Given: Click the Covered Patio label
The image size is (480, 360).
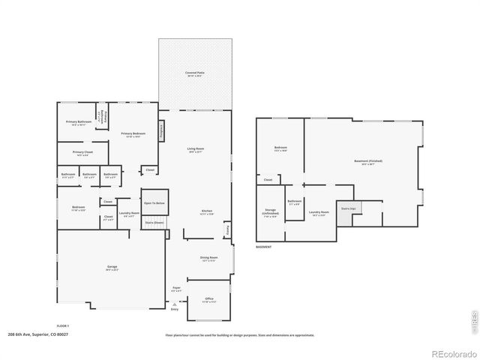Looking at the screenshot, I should (195, 73).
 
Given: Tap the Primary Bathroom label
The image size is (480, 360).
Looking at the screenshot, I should (79, 122).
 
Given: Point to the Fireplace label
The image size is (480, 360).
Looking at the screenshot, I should (160, 130).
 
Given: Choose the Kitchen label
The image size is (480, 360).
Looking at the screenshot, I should (207, 212).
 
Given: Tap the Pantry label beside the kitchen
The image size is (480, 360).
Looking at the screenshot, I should (229, 227).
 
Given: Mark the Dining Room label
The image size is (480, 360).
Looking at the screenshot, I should (208, 259).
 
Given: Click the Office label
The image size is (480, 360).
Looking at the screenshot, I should (208, 299).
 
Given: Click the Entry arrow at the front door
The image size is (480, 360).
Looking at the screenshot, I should (175, 304).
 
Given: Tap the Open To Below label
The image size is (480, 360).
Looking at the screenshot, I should (154, 203).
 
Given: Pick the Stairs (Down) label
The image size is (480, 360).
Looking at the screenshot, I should (154, 223).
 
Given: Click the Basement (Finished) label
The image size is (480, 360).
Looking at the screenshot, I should (367, 161).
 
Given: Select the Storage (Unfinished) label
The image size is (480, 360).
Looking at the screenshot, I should (271, 212).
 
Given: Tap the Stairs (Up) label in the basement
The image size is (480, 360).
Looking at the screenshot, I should (347, 208).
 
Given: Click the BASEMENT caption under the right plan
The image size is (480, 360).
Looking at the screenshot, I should (264, 247).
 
